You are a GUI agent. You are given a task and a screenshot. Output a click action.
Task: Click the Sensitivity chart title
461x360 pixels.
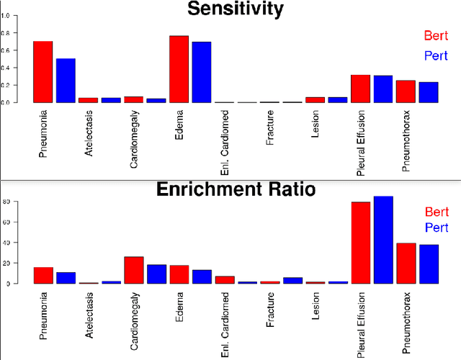235,9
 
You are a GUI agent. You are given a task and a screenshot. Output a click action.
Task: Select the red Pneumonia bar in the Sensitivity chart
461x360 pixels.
43,72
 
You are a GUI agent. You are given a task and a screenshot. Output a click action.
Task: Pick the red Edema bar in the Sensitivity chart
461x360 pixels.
179,69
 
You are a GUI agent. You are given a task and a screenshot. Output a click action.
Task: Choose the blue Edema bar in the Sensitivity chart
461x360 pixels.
202,72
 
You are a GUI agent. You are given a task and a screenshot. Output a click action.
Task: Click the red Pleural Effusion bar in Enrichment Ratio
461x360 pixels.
360,243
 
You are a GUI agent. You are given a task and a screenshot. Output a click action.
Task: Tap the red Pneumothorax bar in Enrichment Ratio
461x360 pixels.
406,264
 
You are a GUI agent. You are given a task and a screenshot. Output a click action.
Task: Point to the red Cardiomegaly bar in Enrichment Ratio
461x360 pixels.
134,270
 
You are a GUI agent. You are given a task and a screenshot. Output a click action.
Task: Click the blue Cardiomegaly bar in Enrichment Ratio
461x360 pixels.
156,274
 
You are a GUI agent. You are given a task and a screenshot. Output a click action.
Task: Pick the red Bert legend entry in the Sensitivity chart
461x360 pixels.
437,35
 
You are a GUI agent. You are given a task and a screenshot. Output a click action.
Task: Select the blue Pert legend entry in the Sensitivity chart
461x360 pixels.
437,55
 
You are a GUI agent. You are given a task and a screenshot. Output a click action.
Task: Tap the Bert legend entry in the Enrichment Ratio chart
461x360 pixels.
437,212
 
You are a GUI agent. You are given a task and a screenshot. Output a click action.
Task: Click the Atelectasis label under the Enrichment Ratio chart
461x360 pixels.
89,315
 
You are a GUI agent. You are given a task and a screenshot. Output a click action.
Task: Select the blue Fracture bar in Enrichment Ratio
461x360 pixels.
292,280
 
